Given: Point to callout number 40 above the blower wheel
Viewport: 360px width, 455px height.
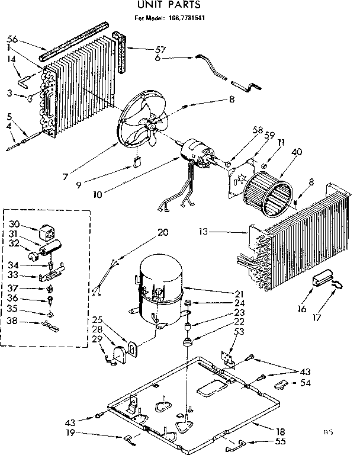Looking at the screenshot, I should [x=296, y=152].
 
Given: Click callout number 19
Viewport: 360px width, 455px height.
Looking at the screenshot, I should [x=70, y=433].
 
